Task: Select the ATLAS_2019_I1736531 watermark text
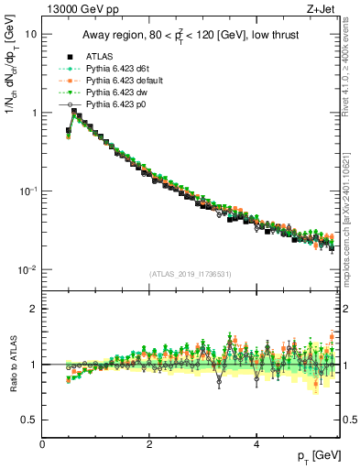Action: point(190,274)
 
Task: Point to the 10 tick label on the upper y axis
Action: point(31,34)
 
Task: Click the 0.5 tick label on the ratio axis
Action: point(29,420)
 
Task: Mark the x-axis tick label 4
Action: point(256,444)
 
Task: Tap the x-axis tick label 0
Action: point(43,444)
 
